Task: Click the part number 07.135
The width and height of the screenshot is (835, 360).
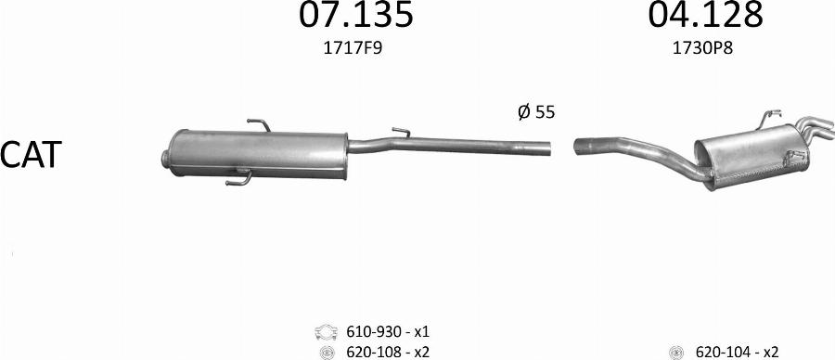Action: pyautogui.click(x=355, y=16)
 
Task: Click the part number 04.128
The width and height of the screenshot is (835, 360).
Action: pyautogui.click(x=705, y=16)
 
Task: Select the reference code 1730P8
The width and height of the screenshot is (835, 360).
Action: pyautogui.click(x=702, y=50)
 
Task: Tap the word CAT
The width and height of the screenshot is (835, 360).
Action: pyautogui.click(x=31, y=155)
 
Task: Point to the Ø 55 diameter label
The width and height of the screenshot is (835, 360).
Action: pyautogui.click(x=535, y=112)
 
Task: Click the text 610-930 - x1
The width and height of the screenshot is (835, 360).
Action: pyautogui.click(x=388, y=331)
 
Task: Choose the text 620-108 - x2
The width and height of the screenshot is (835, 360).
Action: pyautogui.click(x=388, y=352)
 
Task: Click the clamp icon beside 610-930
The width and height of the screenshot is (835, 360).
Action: pyautogui.click(x=326, y=331)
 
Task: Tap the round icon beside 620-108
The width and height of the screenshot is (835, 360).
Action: pyautogui.click(x=326, y=352)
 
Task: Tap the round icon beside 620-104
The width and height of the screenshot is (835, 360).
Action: pyautogui.click(x=676, y=352)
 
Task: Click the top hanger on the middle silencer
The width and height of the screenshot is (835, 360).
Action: pyautogui.click(x=258, y=125)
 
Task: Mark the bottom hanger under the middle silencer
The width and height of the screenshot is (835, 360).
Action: pyautogui.click(x=238, y=176)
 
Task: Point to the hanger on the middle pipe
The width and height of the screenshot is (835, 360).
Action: pyautogui.click(x=401, y=133)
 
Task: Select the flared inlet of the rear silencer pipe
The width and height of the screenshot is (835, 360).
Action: pyautogui.click(x=583, y=145)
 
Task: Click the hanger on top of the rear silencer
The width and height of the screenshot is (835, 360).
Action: pyautogui.click(x=770, y=117)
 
